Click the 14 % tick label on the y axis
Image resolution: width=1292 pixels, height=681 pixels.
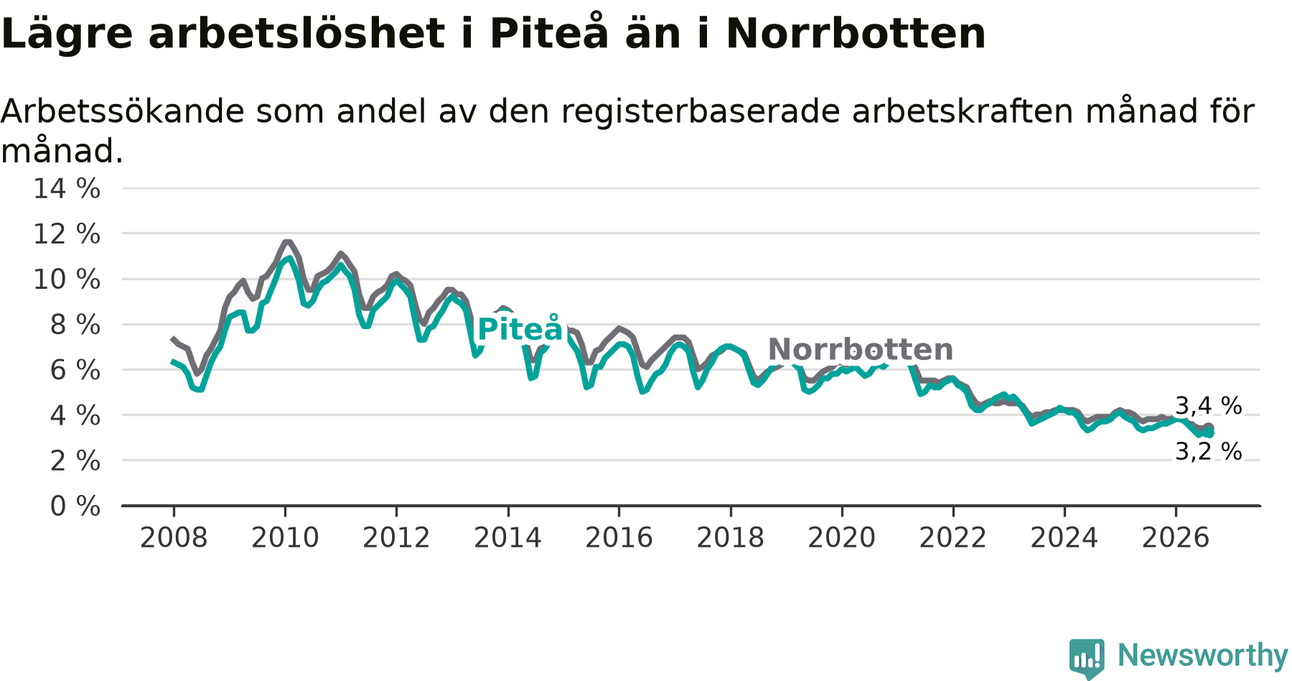coord(67,189)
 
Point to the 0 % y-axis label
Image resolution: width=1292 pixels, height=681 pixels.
coord(75,506)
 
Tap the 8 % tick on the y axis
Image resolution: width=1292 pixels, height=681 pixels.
coord(75,325)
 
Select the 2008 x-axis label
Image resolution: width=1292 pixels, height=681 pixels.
coord(174,538)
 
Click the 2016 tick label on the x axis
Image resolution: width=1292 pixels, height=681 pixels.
coord(619,538)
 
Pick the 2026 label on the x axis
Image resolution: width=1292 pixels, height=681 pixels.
coord(1176,538)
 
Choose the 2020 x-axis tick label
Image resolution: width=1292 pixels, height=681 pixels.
coord(842,538)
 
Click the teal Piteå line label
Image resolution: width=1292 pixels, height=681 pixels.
coord(520,329)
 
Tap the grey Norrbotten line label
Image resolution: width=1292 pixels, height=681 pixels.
coord(861,350)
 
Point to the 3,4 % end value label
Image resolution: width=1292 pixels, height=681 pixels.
coord(1209,406)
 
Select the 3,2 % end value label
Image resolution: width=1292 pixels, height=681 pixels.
coord(1209,451)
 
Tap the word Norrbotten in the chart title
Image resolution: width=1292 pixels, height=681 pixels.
coord(856,33)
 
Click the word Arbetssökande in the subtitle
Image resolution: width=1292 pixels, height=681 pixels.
coord(123,111)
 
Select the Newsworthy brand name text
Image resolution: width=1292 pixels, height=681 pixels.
coord(1202,655)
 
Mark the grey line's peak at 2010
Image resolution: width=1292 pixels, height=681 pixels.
coord(287,242)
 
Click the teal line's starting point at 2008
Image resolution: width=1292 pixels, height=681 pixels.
coord(173,361)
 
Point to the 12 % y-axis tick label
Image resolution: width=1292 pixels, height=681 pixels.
coord(67,234)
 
